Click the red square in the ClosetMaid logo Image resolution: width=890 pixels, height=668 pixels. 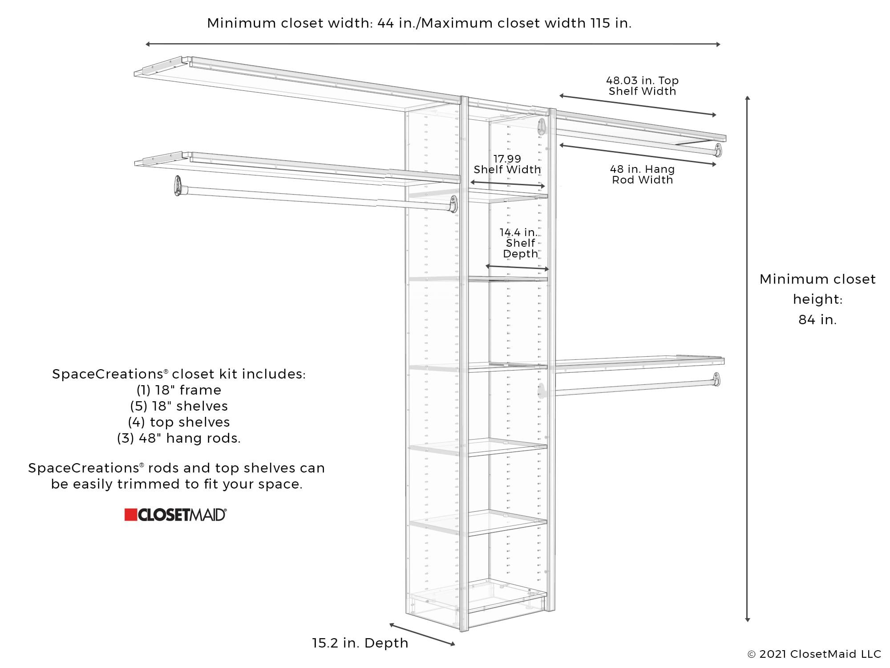click(x=130, y=515)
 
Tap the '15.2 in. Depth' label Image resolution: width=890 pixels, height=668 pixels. click(x=360, y=643)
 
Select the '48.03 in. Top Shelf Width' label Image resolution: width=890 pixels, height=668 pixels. click(x=642, y=86)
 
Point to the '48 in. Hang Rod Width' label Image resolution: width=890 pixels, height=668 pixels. click(x=642, y=175)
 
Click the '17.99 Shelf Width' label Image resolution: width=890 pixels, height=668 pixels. click(x=507, y=164)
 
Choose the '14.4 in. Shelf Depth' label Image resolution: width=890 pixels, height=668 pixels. click(x=519, y=243)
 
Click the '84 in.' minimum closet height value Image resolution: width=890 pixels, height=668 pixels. click(x=817, y=320)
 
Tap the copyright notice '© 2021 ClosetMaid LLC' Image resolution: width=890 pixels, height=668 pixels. click(x=814, y=654)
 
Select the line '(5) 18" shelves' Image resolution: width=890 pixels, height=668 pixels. click(x=179, y=406)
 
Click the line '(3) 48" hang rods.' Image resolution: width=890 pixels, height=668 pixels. click(x=179, y=438)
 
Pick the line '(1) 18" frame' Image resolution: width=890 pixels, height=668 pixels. click(x=179, y=390)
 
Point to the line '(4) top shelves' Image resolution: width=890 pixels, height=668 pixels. click(x=179, y=422)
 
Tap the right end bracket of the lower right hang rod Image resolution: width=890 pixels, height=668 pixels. click(x=716, y=379)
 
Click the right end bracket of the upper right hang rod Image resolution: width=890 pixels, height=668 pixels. click(x=717, y=150)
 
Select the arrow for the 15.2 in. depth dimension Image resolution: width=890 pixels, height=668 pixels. click(x=422, y=635)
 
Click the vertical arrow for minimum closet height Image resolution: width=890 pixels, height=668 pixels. click(x=748, y=358)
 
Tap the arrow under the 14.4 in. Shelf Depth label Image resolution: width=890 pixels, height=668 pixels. click(x=517, y=268)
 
